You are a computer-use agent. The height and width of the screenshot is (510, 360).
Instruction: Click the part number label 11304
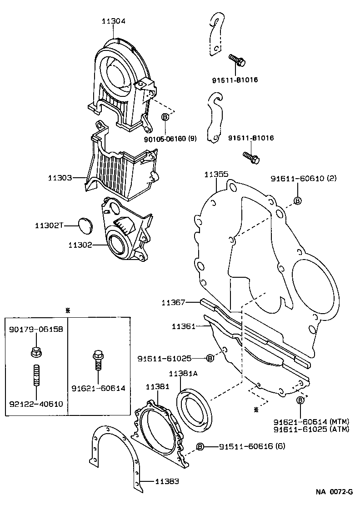(113, 21)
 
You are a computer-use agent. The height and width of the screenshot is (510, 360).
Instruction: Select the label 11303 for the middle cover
(60, 178)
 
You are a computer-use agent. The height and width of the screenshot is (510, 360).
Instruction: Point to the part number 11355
(216, 174)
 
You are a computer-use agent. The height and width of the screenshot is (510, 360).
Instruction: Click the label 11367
(173, 302)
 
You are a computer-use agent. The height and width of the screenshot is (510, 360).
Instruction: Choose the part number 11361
(184, 326)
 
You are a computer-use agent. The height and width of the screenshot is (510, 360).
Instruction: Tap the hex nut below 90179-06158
(35, 351)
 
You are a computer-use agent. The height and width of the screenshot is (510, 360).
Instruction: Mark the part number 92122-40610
(35, 403)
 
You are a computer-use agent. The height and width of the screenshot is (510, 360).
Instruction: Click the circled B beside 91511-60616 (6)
(200, 446)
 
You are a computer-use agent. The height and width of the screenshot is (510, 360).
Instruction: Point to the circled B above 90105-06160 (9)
(165, 117)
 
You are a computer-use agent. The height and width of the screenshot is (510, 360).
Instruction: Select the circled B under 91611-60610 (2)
(298, 201)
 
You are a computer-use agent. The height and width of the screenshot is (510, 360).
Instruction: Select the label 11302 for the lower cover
(80, 245)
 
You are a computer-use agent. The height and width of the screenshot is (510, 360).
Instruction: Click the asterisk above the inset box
(68, 310)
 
